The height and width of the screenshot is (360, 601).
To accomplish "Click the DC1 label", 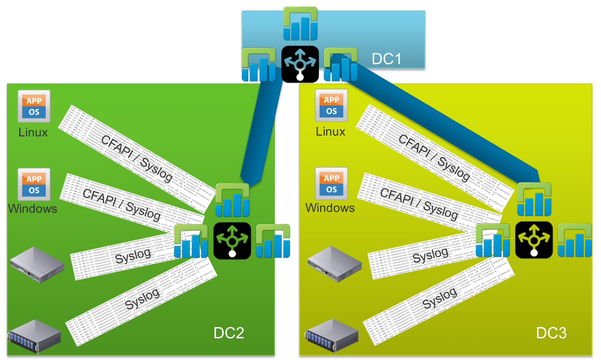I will pyautogui.click(x=386, y=59).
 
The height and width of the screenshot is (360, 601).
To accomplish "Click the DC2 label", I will pyautogui.click(x=229, y=333).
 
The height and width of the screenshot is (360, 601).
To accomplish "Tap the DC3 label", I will pyautogui.click(x=551, y=333).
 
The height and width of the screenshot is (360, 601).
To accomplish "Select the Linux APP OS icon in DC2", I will pyautogui.click(x=34, y=106).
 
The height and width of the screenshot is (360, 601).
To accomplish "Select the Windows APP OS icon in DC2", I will pyautogui.click(x=34, y=185).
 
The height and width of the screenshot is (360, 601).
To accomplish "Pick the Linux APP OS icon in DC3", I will pyautogui.click(x=331, y=106).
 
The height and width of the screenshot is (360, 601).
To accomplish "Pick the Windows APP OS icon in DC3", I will pyautogui.click(x=331, y=184).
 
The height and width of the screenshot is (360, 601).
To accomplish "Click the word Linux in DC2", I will pyautogui.click(x=33, y=132).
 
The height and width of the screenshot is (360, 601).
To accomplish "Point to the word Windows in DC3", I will pyautogui.click(x=330, y=208).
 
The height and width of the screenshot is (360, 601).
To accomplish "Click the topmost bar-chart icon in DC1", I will pyautogui.click(x=300, y=24).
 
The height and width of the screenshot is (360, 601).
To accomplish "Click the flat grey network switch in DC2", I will pyautogui.click(x=37, y=264).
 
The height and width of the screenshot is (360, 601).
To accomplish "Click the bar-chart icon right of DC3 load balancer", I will pyautogui.click(x=575, y=240).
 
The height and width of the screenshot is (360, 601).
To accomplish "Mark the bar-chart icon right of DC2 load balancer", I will pyautogui.click(x=273, y=241).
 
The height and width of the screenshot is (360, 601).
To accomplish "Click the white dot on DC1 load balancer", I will pyautogui.click(x=300, y=77).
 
